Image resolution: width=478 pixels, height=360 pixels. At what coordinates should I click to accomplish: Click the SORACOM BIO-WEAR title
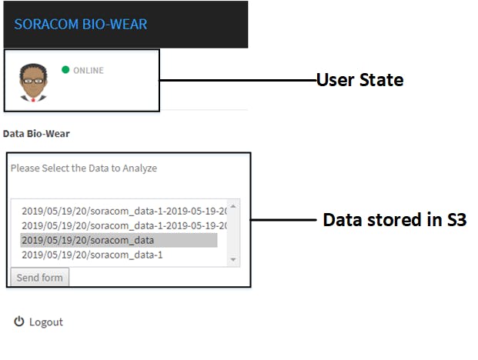pyautogui.click(x=81, y=25)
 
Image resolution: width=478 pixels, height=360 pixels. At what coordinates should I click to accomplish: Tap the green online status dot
pyautogui.click(x=65, y=70)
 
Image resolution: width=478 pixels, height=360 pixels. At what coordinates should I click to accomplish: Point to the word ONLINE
pyautogui.click(x=89, y=70)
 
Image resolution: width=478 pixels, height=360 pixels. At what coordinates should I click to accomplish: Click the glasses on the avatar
pyautogui.click(x=34, y=81)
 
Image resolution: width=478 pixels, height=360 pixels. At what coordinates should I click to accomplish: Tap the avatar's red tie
pyautogui.click(x=33, y=99)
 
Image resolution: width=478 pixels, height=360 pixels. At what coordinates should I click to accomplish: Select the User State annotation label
pyautogui.click(x=360, y=80)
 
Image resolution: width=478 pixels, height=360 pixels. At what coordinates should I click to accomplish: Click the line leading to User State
pyautogui.click(x=238, y=81)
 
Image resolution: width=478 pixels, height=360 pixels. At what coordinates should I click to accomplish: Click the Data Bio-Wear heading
pyautogui.click(x=36, y=134)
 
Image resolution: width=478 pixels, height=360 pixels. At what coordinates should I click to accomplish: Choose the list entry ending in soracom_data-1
pyautogui.click(x=92, y=255)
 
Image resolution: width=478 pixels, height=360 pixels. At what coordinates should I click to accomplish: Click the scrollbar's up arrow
pyautogui.click(x=233, y=206)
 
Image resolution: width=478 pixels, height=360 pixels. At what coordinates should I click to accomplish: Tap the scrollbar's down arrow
pyautogui.click(x=233, y=259)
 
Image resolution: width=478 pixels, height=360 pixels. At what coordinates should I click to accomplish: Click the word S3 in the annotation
pyautogui.click(x=456, y=219)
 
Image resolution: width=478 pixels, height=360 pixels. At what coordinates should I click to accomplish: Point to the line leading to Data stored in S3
pyautogui.click(x=283, y=219)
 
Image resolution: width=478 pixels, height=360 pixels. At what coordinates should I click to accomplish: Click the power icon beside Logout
pyautogui.click(x=19, y=322)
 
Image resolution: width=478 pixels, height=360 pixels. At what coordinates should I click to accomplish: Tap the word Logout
pyautogui.click(x=46, y=322)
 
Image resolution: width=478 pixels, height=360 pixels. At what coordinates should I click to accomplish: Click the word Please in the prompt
pyautogui.click(x=25, y=168)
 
